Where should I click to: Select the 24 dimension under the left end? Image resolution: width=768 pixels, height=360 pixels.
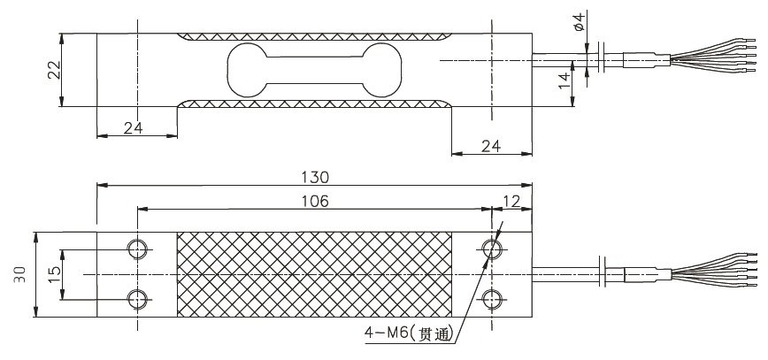point(134,127)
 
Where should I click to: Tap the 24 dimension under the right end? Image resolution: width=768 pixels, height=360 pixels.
point(492,144)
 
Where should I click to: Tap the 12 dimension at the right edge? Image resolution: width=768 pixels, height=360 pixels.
point(511,201)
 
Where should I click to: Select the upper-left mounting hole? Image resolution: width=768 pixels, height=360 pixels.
point(137,249)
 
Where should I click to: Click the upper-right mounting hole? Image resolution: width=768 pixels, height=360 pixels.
point(491,249)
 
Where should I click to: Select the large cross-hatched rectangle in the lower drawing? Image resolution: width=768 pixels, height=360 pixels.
point(314,273)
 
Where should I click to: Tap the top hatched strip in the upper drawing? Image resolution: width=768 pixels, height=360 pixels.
point(314,38)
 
